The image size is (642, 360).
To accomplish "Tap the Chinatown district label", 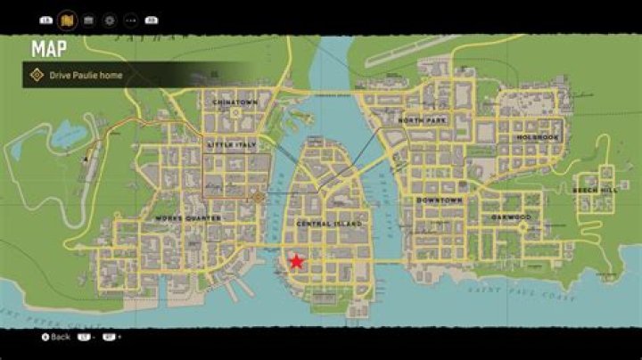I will click(x=235, y=102).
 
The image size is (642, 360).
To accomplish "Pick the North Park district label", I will click(x=422, y=120).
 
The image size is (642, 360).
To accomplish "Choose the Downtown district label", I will click(x=439, y=200).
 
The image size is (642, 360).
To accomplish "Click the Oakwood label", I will click(x=510, y=217).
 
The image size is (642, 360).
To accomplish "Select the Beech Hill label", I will click(x=595, y=191).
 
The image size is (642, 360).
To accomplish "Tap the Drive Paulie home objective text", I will click(x=86, y=76).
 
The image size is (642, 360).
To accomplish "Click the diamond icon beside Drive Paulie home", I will click(x=37, y=76).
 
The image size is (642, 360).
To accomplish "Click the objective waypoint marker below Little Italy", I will click(x=259, y=198).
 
